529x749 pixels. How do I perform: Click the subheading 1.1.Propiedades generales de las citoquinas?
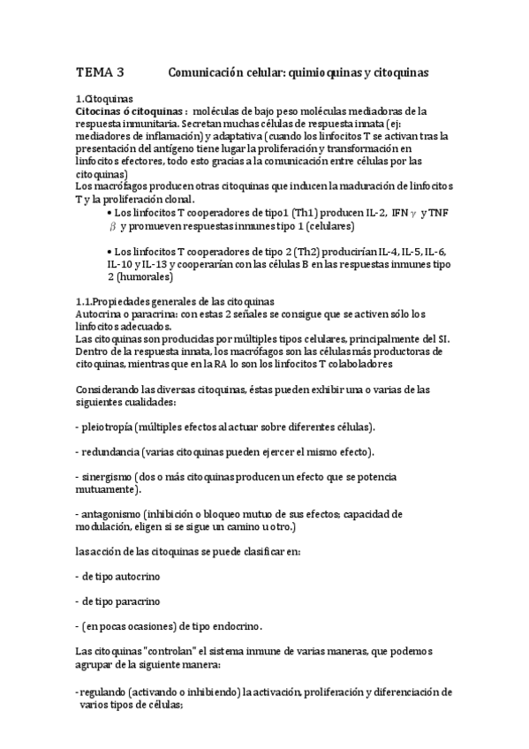click(175, 301)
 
